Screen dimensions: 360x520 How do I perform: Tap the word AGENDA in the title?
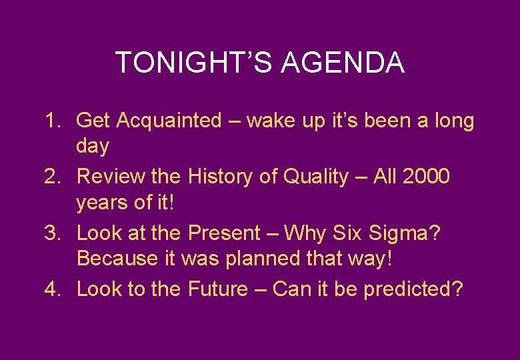[x=343, y=63]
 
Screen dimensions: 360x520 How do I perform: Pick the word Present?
[x=225, y=233]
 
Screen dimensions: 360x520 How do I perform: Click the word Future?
[x=218, y=289]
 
